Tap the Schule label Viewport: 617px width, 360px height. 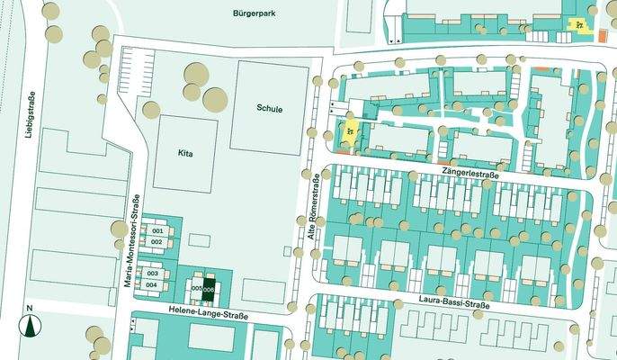point(269,109)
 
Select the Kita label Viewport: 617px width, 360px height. point(186,154)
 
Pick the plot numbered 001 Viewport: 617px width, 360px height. point(157,231)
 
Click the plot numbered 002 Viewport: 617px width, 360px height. point(157,242)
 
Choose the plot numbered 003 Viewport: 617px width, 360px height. point(153,273)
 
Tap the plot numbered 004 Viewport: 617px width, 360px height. point(153,284)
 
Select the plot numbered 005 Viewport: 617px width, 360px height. point(196,288)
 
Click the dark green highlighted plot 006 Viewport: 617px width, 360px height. point(209,288)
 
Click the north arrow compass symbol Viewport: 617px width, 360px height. point(31,326)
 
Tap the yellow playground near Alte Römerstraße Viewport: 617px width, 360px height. point(347,134)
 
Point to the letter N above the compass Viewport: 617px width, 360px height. point(30,310)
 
